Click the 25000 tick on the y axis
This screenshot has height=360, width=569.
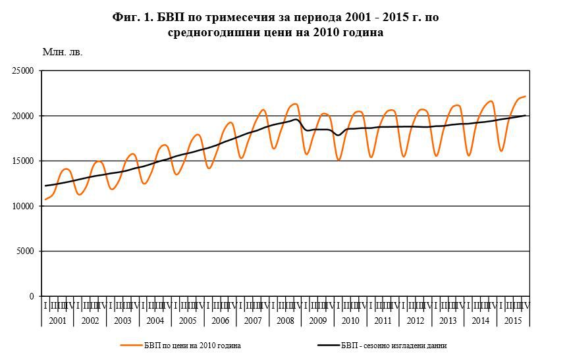click(x=23, y=71)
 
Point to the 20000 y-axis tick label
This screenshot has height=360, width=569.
click(x=23, y=116)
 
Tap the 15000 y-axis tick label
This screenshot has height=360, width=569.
click(x=23, y=161)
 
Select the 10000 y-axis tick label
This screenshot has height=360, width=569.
click(x=23, y=206)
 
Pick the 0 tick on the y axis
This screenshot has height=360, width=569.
click(x=31, y=296)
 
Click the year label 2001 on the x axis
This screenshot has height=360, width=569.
click(x=57, y=321)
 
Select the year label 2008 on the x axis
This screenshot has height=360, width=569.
click(x=285, y=321)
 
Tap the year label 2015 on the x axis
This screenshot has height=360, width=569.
click(x=513, y=321)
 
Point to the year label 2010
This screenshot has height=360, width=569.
click(x=350, y=321)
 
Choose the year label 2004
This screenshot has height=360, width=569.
click(x=155, y=321)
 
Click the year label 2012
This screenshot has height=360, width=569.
click(x=416, y=321)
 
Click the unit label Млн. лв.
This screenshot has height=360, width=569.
click(x=63, y=52)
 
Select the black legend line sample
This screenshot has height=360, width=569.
click(x=327, y=346)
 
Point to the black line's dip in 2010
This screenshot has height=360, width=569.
click(x=339, y=135)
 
